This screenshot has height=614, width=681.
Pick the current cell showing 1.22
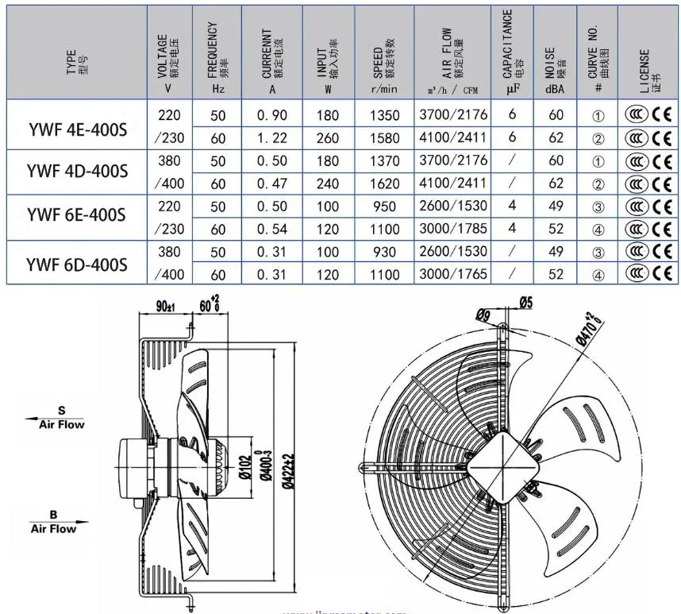tap(272, 137)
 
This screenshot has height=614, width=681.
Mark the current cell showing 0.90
tap(272, 115)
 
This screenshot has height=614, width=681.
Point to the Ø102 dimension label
tap(245, 465)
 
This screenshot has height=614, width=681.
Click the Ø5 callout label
tap(525, 302)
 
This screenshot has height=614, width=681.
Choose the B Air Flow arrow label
tap(54, 522)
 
